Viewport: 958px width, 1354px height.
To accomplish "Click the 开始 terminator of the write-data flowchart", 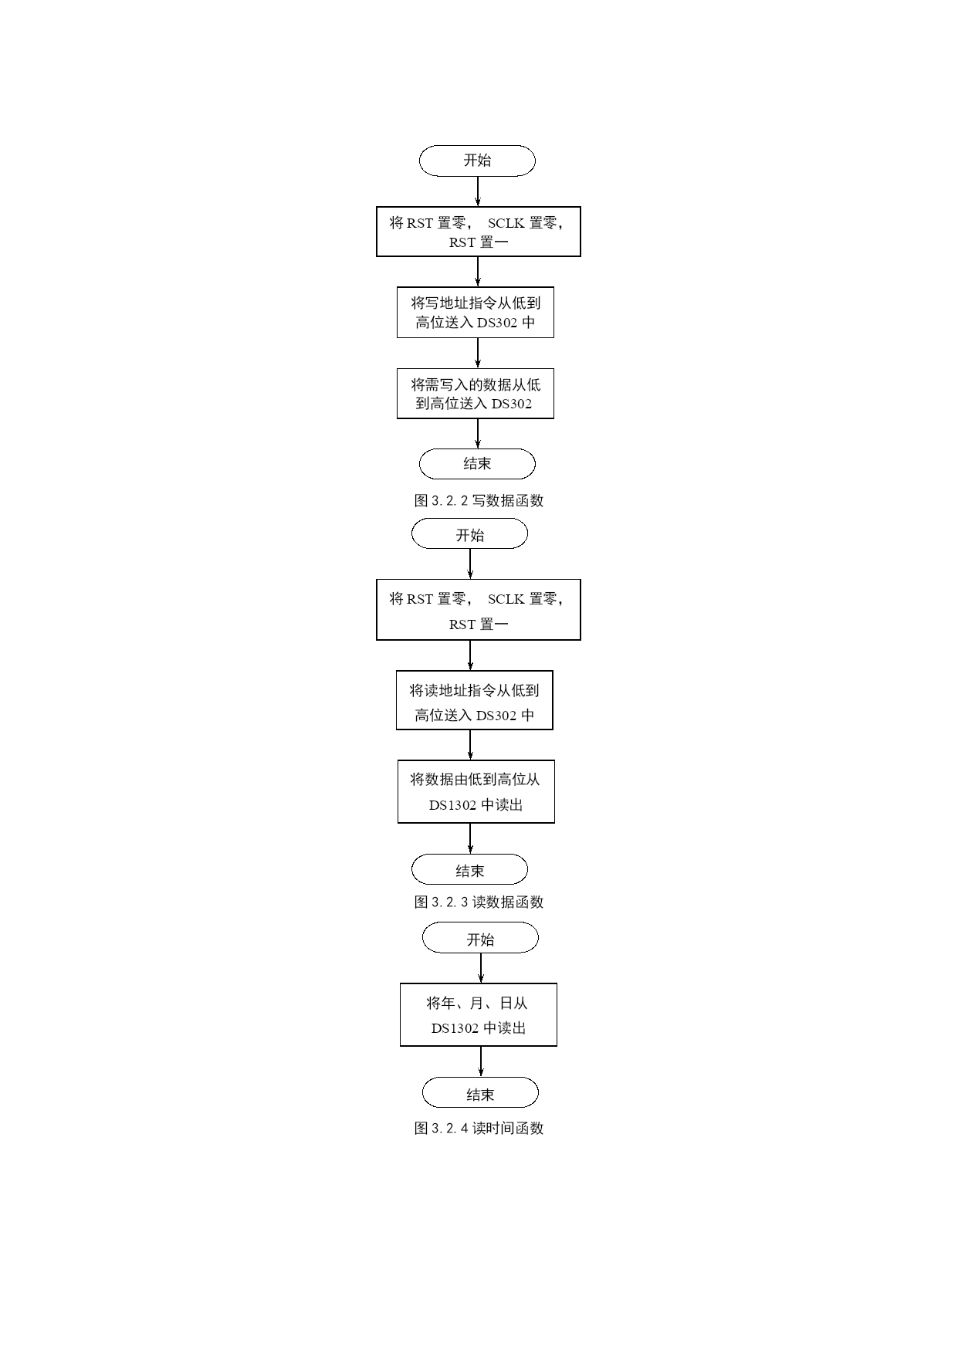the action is pyautogui.click(x=477, y=161).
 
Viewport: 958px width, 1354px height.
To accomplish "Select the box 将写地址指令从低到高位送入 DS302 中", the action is pyautogui.click(x=476, y=313).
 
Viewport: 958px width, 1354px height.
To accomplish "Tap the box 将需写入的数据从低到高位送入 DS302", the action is pyautogui.click(x=476, y=394).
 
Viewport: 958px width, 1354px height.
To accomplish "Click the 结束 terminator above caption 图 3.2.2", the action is pyautogui.click(x=477, y=464).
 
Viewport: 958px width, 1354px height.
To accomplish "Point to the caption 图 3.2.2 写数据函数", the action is pyautogui.click(x=479, y=500).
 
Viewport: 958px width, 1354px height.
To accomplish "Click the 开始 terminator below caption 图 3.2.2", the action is pyautogui.click(x=469, y=533).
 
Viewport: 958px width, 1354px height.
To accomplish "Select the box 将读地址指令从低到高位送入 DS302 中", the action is pyautogui.click(x=475, y=700).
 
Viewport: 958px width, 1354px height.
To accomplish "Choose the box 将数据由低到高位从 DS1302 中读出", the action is pyautogui.click(x=476, y=792).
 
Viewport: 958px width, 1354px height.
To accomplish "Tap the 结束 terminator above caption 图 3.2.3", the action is pyautogui.click(x=469, y=869).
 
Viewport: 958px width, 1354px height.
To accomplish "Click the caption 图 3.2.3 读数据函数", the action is pyautogui.click(x=479, y=902).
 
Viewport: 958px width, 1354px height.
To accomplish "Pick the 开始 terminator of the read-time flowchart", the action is pyautogui.click(x=480, y=939).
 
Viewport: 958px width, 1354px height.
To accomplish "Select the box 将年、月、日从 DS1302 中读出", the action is pyautogui.click(x=479, y=1015).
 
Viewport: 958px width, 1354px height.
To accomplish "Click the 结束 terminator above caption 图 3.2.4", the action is pyautogui.click(x=480, y=1093).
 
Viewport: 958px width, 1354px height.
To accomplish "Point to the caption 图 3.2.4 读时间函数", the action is pyautogui.click(x=479, y=1128).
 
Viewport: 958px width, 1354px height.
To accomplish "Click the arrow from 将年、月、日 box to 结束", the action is pyautogui.click(x=481, y=1061).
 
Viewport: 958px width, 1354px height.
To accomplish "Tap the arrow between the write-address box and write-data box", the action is pyautogui.click(x=478, y=353).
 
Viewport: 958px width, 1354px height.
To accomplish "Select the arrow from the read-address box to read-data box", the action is pyautogui.click(x=470, y=745).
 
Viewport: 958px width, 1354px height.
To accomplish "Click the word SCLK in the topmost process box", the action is pyautogui.click(x=506, y=223).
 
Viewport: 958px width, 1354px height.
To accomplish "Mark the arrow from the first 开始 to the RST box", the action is pyautogui.click(x=478, y=191).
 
